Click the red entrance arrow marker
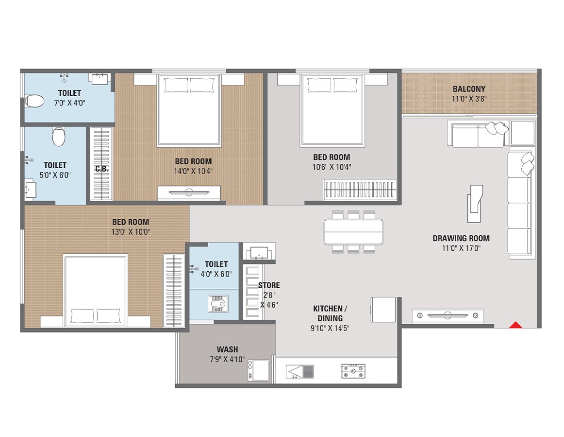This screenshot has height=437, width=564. pyautogui.click(x=515, y=325)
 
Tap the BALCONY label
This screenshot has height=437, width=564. pyautogui.click(x=469, y=89)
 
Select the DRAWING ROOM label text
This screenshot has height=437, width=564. pyautogui.click(x=461, y=238)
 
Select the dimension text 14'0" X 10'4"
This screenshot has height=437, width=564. pyautogui.click(x=193, y=171)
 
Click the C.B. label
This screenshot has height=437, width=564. pyautogui.click(x=101, y=169)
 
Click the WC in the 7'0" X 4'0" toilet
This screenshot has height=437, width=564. pyautogui.click(x=34, y=101)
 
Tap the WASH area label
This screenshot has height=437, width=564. pyautogui.click(x=227, y=349)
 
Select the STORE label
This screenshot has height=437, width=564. pyautogui.click(x=269, y=285)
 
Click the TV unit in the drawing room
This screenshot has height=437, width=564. pyautogui.click(x=448, y=315)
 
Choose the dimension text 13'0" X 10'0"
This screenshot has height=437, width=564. pyautogui.click(x=131, y=232)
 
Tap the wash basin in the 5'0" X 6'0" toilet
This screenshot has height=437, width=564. pyautogui.click(x=31, y=190)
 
